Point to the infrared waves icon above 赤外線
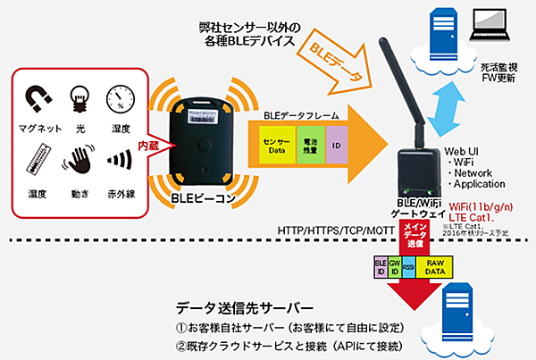(121, 161)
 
